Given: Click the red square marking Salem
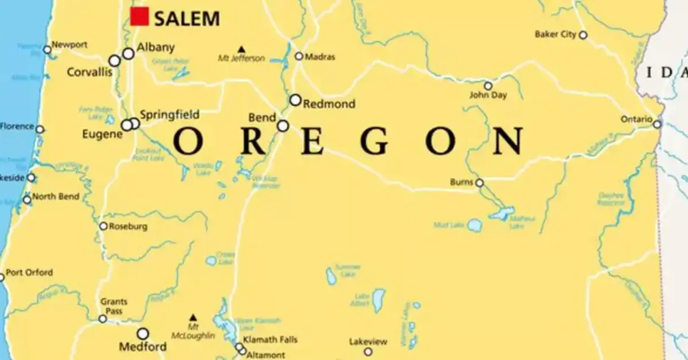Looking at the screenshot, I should point(139,16).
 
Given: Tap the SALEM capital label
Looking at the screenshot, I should point(187,18).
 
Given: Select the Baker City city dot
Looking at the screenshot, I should point(583,35).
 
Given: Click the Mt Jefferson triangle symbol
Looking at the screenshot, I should point(241,49).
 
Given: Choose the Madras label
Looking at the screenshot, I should point(320,57).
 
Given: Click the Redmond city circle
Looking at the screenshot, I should point(295,100).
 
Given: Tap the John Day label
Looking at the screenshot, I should point(488,95).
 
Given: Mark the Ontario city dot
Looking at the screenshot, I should point(657,124).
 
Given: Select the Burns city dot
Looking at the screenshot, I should point(479,183).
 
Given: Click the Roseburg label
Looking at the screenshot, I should point(128,226).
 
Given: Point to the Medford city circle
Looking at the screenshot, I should point(143,334).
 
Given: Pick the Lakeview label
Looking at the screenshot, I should point(368,342).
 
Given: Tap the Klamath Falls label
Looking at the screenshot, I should point(270,340).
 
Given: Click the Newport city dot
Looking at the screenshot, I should point(47,50).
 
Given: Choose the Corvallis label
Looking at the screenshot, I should point(89,73).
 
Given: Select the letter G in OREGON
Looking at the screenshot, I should point(376,140).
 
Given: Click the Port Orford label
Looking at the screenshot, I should point(29,272).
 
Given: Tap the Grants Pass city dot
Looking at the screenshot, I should point(103,319).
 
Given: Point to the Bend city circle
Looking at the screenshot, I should point(283,126).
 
